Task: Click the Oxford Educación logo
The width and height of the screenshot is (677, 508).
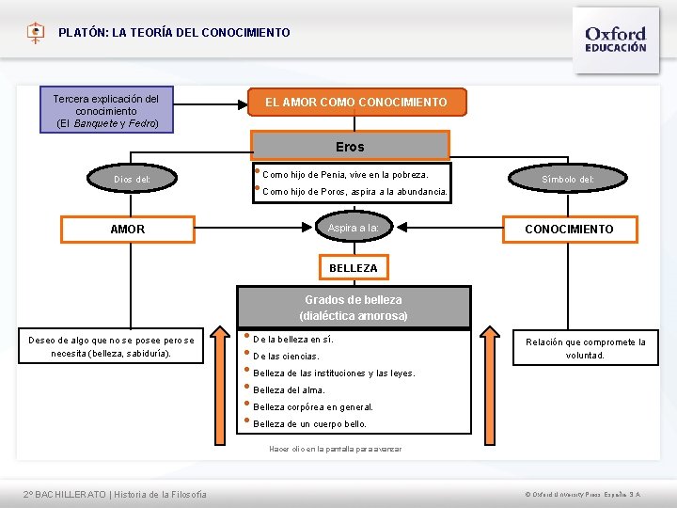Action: click(616, 39)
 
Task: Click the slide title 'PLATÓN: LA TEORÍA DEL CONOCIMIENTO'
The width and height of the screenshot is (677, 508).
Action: click(174, 33)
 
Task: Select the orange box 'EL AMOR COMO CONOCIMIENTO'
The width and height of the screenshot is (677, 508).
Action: click(356, 102)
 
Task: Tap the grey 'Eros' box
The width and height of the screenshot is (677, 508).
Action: click(350, 147)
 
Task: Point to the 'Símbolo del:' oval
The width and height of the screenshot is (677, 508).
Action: click(568, 179)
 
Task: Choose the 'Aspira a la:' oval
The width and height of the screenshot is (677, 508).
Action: click(353, 229)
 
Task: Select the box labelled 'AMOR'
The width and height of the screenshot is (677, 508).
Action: click(128, 230)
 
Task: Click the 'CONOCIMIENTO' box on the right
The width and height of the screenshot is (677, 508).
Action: click(568, 230)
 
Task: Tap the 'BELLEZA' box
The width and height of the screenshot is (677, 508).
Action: click(353, 268)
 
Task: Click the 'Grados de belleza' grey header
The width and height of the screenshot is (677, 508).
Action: click(353, 308)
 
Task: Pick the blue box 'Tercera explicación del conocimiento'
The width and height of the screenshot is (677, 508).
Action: click(106, 111)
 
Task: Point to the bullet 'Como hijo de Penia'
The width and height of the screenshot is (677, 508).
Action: click(344, 175)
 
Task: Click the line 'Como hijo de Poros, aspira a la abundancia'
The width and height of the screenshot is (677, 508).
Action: click(354, 192)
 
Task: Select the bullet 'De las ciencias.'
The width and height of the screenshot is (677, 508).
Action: click(286, 357)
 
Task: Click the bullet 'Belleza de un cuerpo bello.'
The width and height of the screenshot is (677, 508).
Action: click(309, 424)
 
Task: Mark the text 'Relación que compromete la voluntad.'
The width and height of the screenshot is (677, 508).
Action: click(585, 349)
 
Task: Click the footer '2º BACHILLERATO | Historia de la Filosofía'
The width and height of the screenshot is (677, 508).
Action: click(116, 495)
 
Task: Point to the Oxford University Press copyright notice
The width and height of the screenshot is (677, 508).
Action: click(583, 495)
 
